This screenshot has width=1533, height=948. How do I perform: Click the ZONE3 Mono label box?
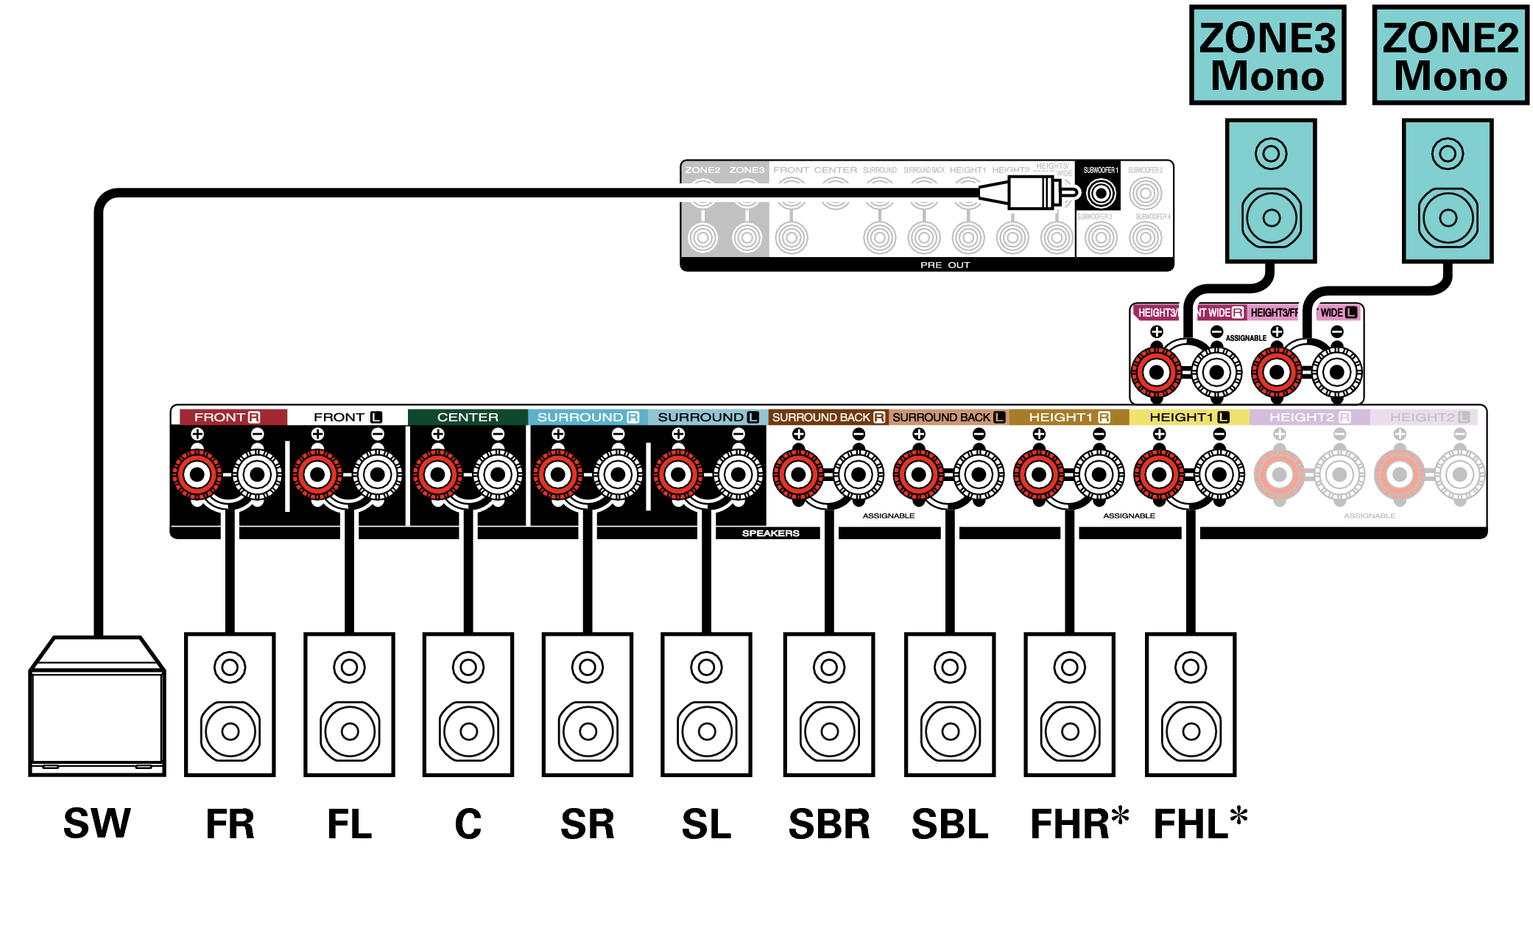1266,56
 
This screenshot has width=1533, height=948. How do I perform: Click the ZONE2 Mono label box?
1450,56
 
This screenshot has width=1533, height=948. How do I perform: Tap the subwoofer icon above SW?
96,707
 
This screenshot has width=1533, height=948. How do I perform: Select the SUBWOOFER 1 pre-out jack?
1100,194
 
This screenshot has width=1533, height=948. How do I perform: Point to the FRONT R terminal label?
227,417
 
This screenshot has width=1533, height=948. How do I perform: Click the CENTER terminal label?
468,417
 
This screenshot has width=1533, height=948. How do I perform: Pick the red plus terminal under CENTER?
437,475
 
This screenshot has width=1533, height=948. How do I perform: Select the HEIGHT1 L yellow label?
1188,417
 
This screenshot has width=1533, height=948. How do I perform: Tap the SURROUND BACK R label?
828,417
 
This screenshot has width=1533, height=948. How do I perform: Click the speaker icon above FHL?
1190,705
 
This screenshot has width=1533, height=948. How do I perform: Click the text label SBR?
829,824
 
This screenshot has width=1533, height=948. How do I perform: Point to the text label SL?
706,824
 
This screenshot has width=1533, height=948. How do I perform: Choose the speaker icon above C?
468,705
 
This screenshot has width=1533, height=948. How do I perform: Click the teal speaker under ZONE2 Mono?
1448,191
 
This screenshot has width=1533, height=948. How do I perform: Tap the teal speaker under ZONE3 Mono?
1271,191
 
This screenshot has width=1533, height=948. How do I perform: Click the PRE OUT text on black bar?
945,265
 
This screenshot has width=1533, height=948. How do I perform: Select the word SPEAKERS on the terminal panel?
770,533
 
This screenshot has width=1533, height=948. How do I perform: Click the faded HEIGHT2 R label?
1309,417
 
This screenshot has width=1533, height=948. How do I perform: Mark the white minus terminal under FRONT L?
377,475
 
